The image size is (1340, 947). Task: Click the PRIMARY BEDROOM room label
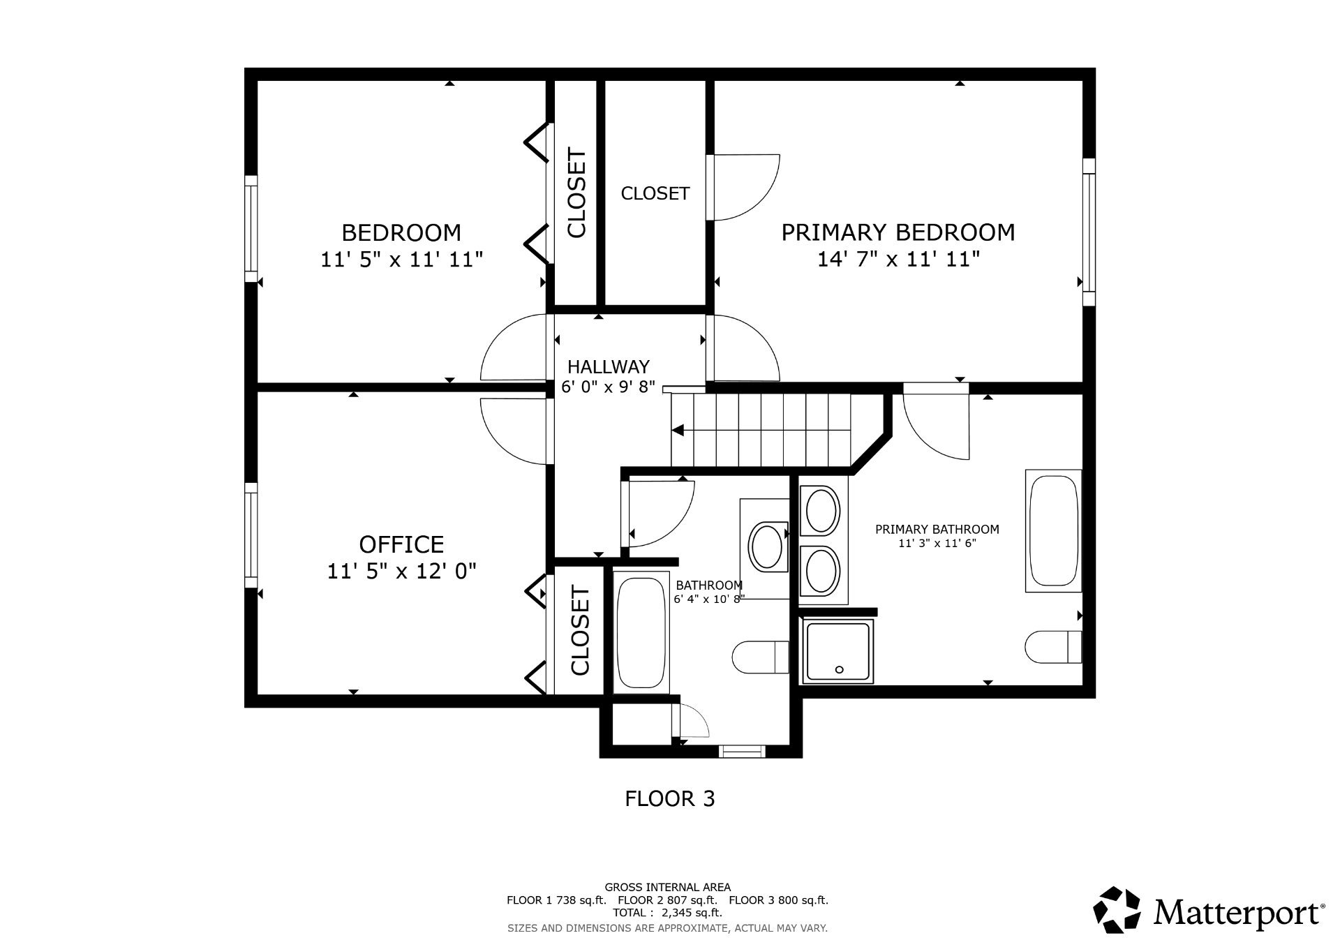pyautogui.click(x=898, y=232)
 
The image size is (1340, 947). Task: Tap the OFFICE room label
pyautogui.click(x=401, y=544)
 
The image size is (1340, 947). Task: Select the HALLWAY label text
pyautogui.click(x=608, y=366)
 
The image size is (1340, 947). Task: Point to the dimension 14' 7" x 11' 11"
pyautogui.click(x=898, y=260)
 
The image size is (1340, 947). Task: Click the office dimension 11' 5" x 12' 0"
pyautogui.click(x=401, y=572)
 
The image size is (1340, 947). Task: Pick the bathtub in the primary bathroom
pyautogui.click(x=1053, y=531)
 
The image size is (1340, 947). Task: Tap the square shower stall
pyautogui.click(x=838, y=651)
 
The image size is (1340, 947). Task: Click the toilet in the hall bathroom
pyautogui.click(x=761, y=657)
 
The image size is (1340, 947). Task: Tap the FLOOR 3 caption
pyautogui.click(x=669, y=798)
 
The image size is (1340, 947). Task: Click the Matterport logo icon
pyautogui.click(x=1117, y=909)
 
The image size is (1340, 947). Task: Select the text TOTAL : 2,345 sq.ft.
pyautogui.click(x=667, y=912)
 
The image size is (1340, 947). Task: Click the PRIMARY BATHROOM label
pyautogui.click(x=937, y=530)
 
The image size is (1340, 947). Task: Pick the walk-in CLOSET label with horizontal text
pyautogui.click(x=655, y=193)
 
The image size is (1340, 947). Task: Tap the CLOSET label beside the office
pyautogui.click(x=580, y=632)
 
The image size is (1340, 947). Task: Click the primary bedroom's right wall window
pyautogui.click(x=1089, y=232)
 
